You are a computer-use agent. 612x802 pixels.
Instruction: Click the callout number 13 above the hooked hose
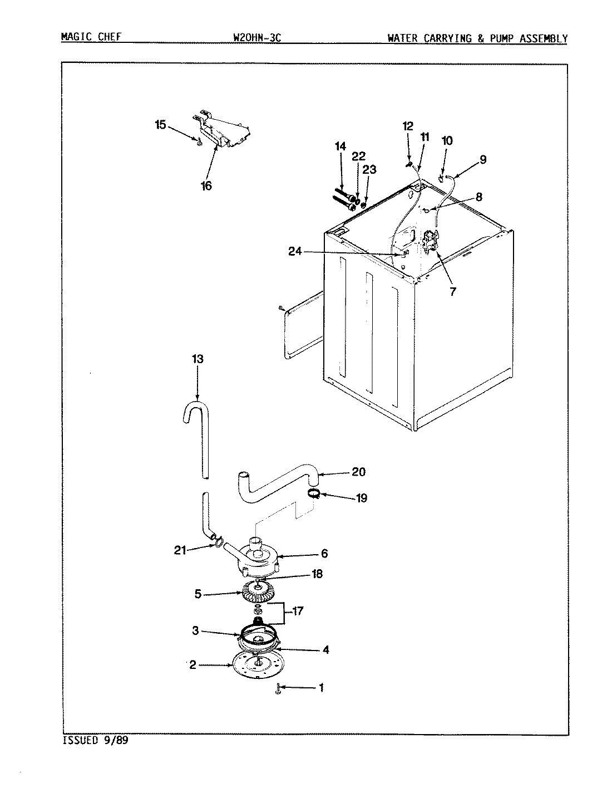pyautogui.click(x=197, y=359)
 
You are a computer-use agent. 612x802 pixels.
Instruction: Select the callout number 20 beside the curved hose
pyautogui.click(x=358, y=472)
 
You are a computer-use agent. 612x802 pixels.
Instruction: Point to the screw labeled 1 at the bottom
pyautogui.click(x=278, y=689)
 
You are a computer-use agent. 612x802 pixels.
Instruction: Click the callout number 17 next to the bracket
pyautogui.click(x=297, y=611)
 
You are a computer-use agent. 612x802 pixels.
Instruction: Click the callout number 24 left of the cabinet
pyautogui.click(x=295, y=252)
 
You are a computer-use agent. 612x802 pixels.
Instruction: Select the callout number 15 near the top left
pyautogui.click(x=160, y=125)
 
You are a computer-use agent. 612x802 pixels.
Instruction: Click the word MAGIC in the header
pyautogui.click(x=75, y=38)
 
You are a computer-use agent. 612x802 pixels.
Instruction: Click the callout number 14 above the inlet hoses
pyautogui.click(x=340, y=146)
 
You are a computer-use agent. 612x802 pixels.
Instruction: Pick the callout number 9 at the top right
pyautogui.click(x=482, y=159)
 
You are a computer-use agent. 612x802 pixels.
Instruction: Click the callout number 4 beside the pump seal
pyautogui.click(x=325, y=649)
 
